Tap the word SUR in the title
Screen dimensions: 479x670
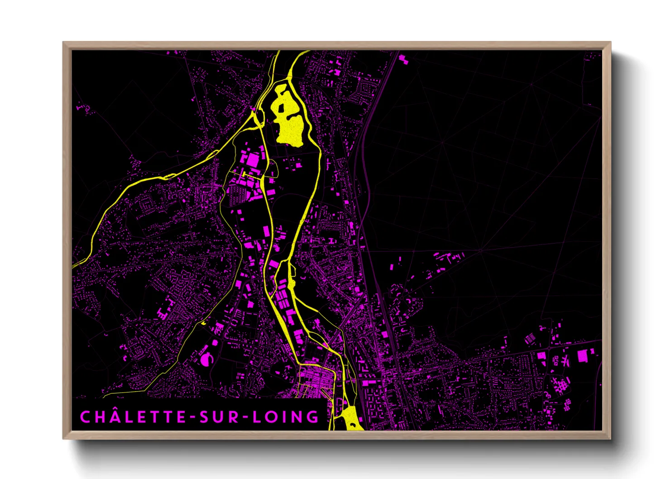[x=220, y=417]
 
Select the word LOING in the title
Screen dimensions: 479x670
[x=286, y=417]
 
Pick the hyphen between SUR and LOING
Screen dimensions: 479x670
[x=246, y=417]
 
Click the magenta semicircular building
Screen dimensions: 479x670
[x=206, y=359]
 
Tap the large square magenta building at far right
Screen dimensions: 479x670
[x=582, y=356]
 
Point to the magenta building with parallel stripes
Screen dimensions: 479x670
[x=530, y=339]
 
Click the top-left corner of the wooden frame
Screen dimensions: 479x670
[x=63, y=43]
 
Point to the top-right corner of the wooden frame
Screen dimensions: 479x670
[x=610, y=43]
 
